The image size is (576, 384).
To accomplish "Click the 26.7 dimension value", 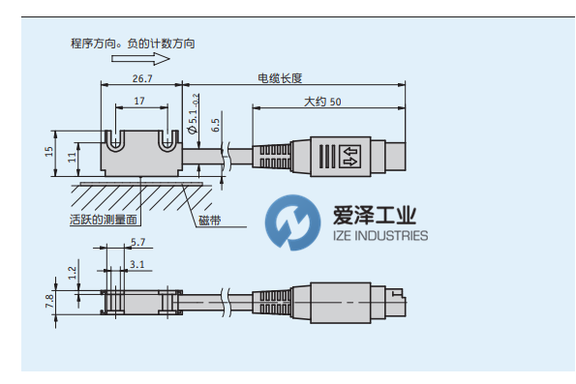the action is click(x=142, y=78).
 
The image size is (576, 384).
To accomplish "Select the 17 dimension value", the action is click(x=139, y=101).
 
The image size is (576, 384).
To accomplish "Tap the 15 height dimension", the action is click(x=49, y=152).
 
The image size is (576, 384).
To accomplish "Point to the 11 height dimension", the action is click(x=72, y=157).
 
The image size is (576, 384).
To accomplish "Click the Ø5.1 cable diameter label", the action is click(x=194, y=114).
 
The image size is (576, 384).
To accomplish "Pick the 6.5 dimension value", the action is click(x=215, y=125).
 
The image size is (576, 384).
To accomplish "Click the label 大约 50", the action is click(x=322, y=102).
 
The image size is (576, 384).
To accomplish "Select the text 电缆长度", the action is click(x=280, y=78).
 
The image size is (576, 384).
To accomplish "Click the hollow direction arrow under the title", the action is click(x=140, y=59).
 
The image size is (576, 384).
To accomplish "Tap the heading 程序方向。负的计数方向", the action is click(x=133, y=44).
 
